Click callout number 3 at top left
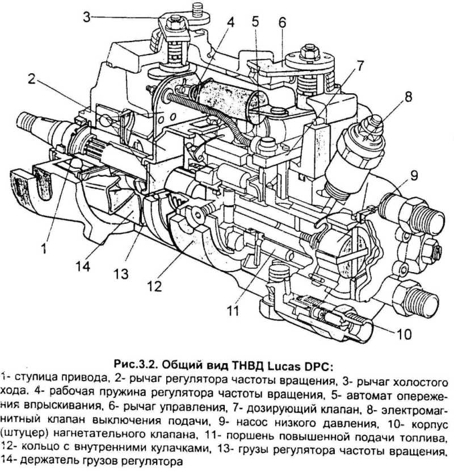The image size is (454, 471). coord(86,17)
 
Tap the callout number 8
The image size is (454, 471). coord(408,97)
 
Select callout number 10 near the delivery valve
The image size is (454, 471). coord(404,334)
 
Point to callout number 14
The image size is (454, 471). coord(83,265)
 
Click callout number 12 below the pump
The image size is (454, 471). coord(155,286)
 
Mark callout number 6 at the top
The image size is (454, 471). coord(282,22)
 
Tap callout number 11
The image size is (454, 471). coord(233,310)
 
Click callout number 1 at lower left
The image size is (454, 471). coord(44,248)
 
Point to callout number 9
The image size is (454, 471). coord(414,176)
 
